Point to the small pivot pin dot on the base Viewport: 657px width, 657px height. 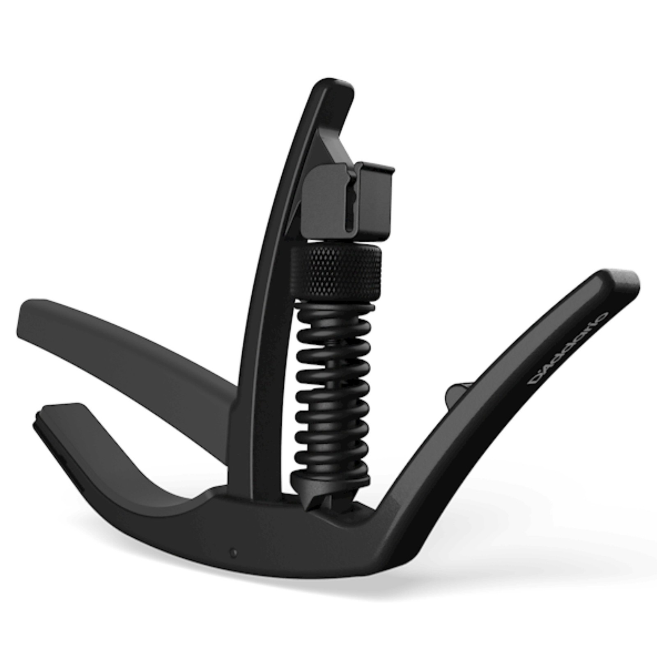[234, 552]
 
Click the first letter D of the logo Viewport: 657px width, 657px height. [533, 380]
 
